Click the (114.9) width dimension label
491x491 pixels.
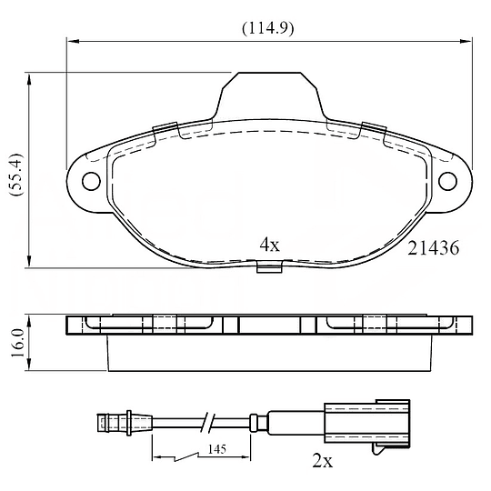[x=268, y=29]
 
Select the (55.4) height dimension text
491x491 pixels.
[x=16, y=175]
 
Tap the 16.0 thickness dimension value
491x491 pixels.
[x=17, y=343]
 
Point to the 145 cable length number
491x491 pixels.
[x=217, y=449]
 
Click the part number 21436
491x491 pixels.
[x=434, y=248]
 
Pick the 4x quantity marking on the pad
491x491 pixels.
[x=270, y=245]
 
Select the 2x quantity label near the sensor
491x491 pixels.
[x=323, y=461]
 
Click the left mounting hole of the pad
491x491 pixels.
[x=91, y=181]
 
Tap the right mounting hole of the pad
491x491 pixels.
[x=447, y=181]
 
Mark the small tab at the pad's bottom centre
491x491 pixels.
[x=269, y=266]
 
